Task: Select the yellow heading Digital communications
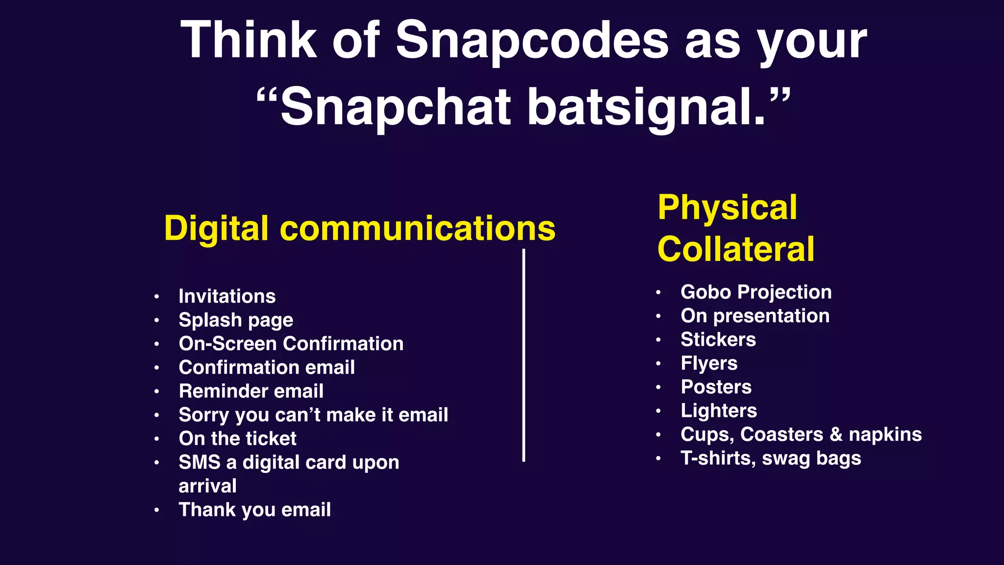point(359,229)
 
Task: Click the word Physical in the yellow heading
point(727,207)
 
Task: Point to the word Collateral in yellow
point(735,249)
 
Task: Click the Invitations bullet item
point(227,296)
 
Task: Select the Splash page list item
point(236,320)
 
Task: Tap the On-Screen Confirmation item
point(291,344)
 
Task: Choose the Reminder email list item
point(251,391)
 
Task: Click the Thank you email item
point(254,510)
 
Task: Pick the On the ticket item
point(237,438)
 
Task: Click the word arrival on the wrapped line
point(207,486)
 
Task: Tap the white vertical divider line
point(524,356)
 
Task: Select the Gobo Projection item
point(755,292)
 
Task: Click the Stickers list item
point(718,339)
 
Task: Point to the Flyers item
point(708,363)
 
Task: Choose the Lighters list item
point(718,411)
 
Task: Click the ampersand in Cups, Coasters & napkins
point(836,435)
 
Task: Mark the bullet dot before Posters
point(658,387)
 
